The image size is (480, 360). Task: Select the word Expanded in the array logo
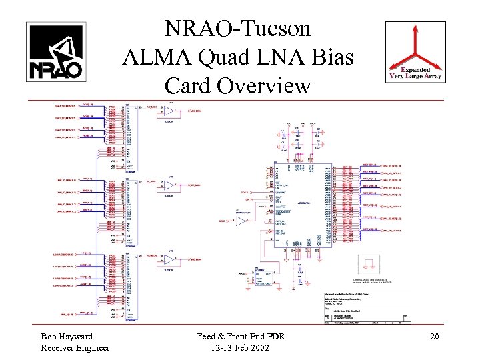coord(417,70)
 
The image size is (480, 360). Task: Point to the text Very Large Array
coord(416,77)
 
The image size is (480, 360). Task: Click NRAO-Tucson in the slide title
coord(238,29)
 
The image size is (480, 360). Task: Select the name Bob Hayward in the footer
coord(67,336)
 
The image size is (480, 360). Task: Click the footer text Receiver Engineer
coord(75,347)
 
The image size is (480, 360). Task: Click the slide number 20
coord(434,336)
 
